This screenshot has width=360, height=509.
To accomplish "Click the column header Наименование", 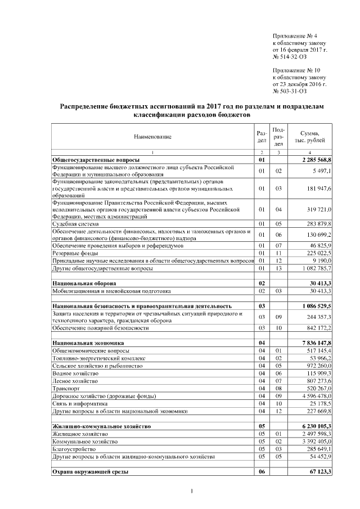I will click(152, 137).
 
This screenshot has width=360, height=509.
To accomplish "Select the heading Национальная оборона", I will click(84, 283).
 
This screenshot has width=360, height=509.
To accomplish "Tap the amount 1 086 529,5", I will click(317, 305).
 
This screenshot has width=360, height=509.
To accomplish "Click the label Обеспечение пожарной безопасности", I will click(101, 327).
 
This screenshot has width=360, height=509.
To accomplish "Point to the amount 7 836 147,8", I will click(317, 342).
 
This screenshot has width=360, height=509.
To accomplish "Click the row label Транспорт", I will click(65, 388).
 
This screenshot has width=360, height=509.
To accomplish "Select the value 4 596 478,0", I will click(317, 395).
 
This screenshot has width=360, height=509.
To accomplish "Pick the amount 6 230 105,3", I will click(317, 426).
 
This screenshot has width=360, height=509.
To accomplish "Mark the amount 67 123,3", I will click(319, 471).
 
